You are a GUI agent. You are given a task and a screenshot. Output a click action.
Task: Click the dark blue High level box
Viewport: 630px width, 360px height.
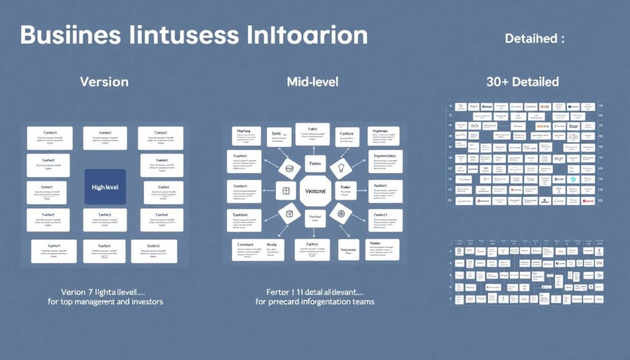tap(105, 186)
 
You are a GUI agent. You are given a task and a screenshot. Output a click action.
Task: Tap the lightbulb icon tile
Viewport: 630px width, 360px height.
tap(341, 168)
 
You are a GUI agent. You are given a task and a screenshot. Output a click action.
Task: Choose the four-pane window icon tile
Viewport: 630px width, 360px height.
tap(285, 191)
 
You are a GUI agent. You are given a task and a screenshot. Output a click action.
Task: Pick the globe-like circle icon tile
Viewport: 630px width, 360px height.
tap(340, 214)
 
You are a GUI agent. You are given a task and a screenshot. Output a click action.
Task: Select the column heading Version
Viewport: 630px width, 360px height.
tap(105, 82)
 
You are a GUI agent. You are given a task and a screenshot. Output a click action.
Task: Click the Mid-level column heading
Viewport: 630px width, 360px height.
tap(312, 82)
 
